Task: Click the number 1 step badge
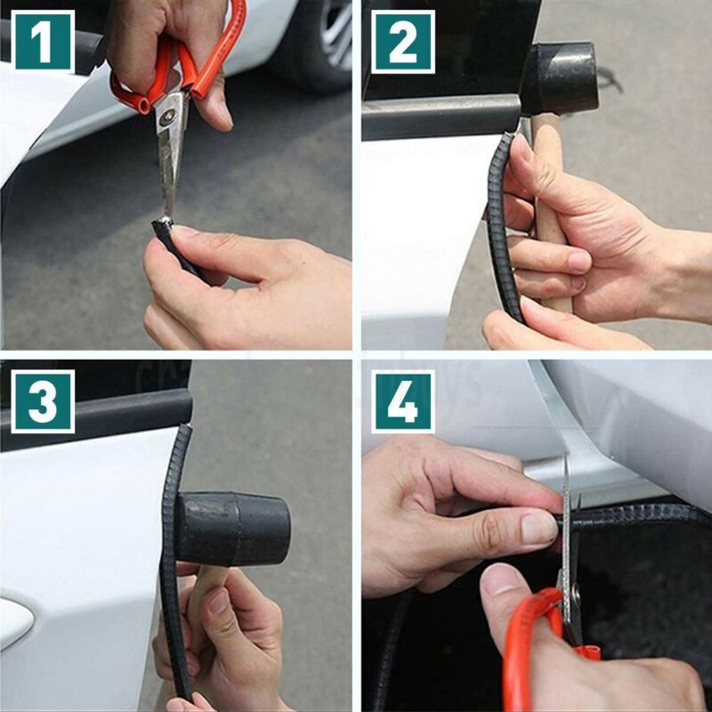(42, 41)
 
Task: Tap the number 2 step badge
(403, 41)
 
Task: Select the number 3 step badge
(42, 401)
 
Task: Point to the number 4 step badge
(403, 401)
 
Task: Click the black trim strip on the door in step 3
(174, 552)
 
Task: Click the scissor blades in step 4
(566, 534)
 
